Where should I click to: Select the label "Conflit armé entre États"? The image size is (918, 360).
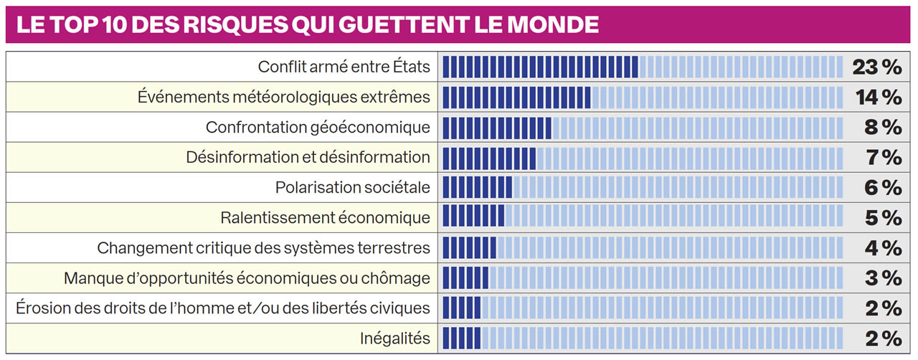[x=344, y=67]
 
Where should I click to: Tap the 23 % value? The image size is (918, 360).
[x=876, y=67]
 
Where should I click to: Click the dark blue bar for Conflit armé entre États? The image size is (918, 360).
[x=540, y=67]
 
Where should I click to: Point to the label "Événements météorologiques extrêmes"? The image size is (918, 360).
[x=284, y=97]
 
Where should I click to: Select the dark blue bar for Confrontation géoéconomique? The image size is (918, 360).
[x=496, y=128]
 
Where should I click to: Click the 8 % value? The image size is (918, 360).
[x=882, y=128]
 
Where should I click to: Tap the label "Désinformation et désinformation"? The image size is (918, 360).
[x=308, y=157]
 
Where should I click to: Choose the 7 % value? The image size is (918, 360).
[x=882, y=157]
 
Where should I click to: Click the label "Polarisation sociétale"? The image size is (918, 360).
[x=353, y=187]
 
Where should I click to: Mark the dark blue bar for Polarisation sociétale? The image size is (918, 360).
[x=477, y=187]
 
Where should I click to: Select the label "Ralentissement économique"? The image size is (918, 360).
[x=326, y=217]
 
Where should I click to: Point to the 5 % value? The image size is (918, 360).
[x=882, y=217]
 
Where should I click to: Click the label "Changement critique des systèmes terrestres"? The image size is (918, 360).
[x=264, y=248]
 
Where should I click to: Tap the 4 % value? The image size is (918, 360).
[x=882, y=248]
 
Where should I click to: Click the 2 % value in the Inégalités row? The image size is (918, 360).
[x=882, y=338]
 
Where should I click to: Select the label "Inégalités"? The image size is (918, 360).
[x=396, y=338]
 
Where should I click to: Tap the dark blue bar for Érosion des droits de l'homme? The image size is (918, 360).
[x=461, y=308]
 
